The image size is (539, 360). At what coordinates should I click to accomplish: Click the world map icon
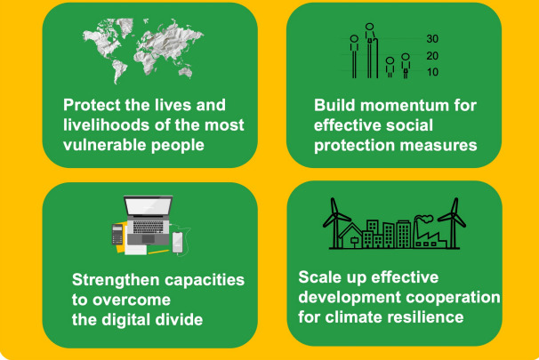(x=142, y=51)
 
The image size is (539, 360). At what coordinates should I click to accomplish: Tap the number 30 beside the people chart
(x=432, y=39)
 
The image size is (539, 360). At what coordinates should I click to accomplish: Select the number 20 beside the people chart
(x=432, y=56)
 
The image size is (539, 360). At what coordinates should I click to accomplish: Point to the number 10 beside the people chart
(x=432, y=72)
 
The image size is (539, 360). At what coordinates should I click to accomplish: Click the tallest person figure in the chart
(x=371, y=51)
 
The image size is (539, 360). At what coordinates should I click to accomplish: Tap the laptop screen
(x=149, y=206)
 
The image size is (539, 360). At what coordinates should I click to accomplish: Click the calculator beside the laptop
(x=117, y=235)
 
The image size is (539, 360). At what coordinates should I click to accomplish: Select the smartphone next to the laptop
(x=177, y=243)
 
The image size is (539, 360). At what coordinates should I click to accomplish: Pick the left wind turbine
(x=334, y=222)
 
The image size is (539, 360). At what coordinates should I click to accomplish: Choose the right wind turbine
(x=453, y=222)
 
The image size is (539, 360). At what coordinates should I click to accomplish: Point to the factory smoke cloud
(x=425, y=219)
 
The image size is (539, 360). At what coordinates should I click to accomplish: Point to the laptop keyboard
(x=149, y=227)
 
